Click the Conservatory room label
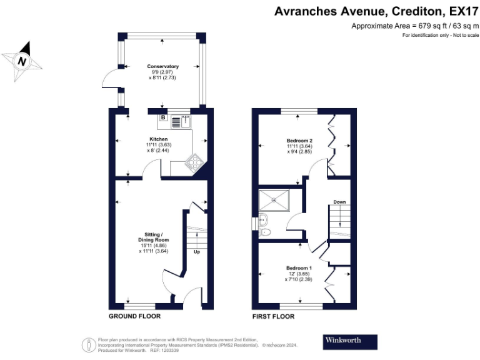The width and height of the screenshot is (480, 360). tap(162, 66)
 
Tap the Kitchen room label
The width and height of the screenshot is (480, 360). tap(158, 139)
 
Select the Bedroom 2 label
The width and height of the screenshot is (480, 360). tap(299, 141)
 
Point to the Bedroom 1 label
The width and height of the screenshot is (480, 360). tap(299, 268)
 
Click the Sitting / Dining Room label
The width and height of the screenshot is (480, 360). tap(153, 237)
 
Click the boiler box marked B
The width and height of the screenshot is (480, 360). tap(163, 117)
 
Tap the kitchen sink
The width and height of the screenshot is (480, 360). tap(186, 122)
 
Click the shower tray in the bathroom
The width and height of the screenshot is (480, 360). tap(274, 200)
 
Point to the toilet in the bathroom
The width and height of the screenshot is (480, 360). tap(264, 232)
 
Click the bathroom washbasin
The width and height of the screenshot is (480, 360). tap(263, 219)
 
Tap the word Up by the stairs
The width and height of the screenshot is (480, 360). tap(197, 252)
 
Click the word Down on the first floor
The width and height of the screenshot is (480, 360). tap(339, 202)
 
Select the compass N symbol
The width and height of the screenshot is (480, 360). tap(22, 61)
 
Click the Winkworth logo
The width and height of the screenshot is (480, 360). tap(350, 342)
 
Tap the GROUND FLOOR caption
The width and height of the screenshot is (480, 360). tap(135, 316)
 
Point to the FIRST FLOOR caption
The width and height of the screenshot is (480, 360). tap(273, 316)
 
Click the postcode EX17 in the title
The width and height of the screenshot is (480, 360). tap(464, 11)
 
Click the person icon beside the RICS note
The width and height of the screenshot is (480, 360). tap(89, 345)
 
